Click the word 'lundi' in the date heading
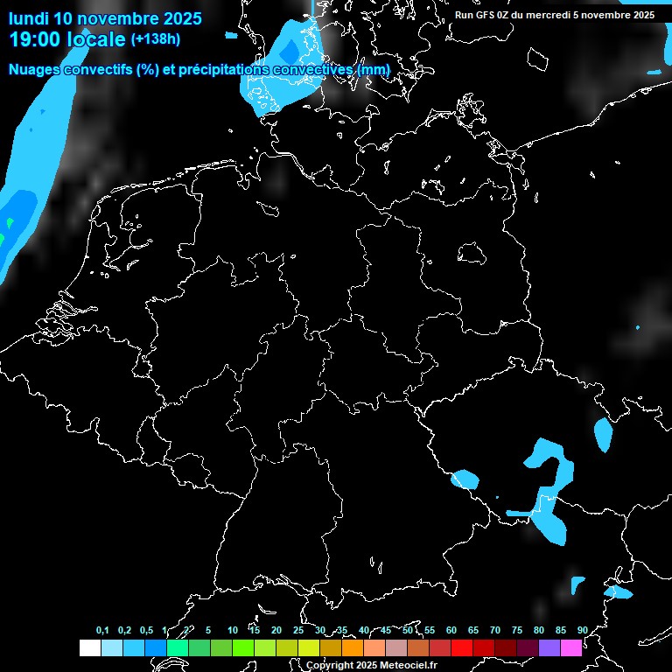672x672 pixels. (28, 18)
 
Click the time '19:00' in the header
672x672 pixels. (36, 39)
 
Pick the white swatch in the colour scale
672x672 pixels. (89, 648)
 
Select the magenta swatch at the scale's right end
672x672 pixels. (571, 648)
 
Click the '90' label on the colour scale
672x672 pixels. (582, 631)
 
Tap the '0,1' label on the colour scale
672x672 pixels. (102, 631)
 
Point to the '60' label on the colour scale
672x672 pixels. (451, 631)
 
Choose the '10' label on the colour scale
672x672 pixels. (232, 631)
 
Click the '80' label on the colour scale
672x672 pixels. (538, 631)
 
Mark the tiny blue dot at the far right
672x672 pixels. (638, 327)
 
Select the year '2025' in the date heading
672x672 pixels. (183, 18)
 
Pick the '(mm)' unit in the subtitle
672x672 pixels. (374, 69)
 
